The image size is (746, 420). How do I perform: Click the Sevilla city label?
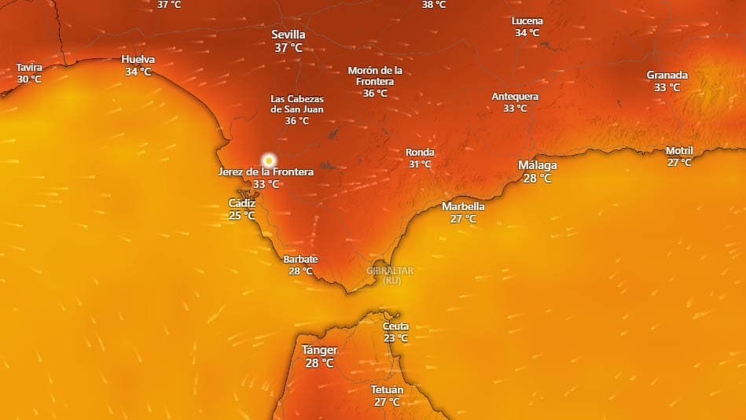click(x=288, y=35)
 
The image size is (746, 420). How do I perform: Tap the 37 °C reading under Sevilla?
click(x=288, y=48)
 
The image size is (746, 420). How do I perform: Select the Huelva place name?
click(x=138, y=60)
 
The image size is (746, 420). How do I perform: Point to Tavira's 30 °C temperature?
click(x=29, y=79)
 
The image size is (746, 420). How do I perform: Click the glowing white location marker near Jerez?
click(x=269, y=160)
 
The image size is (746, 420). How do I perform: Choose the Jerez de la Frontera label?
click(x=266, y=171)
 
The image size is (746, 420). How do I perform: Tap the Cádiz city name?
click(x=241, y=203)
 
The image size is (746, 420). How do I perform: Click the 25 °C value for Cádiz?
click(x=241, y=215)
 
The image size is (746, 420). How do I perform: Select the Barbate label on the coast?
click(x=300, y=260)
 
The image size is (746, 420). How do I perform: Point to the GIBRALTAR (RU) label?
click(x=390, y=274)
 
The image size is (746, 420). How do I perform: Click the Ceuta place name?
click(x=395, y=326)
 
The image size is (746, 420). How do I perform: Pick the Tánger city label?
click(x=320, y=350)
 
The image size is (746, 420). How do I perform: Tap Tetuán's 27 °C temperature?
click(x=387, y=402)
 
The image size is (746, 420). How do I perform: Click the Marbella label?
click(x=463, y=207)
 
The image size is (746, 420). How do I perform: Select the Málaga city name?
click(x=538, y=165)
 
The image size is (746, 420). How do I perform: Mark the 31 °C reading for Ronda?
click(x=420, y=164)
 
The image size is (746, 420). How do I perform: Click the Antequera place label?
click(x=515, y=97)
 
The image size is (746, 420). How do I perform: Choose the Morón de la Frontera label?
click(x=375, y=76)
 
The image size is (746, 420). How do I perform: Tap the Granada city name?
click(x=667, y=76)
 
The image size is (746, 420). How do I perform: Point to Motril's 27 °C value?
click(x=679, y=163)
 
